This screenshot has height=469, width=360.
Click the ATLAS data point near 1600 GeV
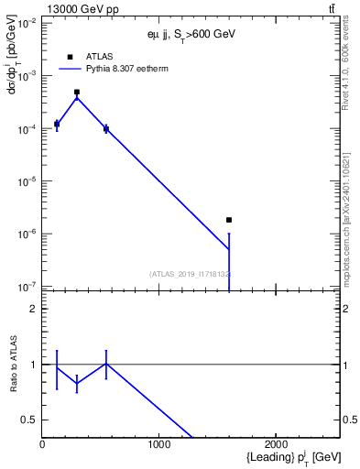229,220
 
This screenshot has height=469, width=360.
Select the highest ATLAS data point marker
77,92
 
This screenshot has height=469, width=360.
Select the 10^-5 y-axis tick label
26,181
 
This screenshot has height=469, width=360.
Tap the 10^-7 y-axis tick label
26,287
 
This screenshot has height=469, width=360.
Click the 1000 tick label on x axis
159,443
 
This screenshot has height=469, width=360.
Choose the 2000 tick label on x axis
277,443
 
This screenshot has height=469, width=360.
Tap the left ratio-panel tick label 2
34,309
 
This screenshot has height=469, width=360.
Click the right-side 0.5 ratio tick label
348,420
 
